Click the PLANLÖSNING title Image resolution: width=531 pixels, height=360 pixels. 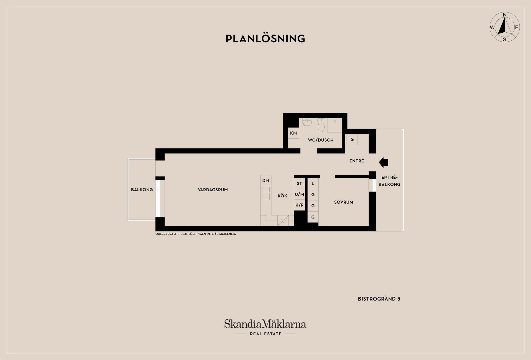[265, 39]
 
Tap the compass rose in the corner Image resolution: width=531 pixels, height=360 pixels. [504, 27]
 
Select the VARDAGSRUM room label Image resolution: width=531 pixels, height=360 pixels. [213, 190]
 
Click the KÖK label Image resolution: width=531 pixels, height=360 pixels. [282, 196]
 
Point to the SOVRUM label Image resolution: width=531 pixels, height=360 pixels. [343, 202]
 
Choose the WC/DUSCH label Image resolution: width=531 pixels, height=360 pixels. [321, 140]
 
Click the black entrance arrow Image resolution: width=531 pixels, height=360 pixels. [383, 162]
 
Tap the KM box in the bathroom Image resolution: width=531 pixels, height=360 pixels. [293, 133]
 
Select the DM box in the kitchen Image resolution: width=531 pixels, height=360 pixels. [266, 181]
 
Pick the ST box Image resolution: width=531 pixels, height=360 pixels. [299, 183]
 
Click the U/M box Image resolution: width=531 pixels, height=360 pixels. [299, 194]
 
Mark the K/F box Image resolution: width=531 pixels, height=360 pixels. [299, 205]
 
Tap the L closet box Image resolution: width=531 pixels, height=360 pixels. [313, 183]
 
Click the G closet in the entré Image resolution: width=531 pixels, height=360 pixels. [352, 139]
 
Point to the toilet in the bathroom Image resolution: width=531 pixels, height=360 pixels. [321, 125]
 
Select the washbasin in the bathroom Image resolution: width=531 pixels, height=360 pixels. [307, 122]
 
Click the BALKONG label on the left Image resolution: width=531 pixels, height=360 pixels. [142, 190]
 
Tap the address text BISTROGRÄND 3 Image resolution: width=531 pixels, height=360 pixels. [379, 299]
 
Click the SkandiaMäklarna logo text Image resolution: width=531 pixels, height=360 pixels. [265, 324]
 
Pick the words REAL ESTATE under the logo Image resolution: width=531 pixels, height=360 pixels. [265, 334]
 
